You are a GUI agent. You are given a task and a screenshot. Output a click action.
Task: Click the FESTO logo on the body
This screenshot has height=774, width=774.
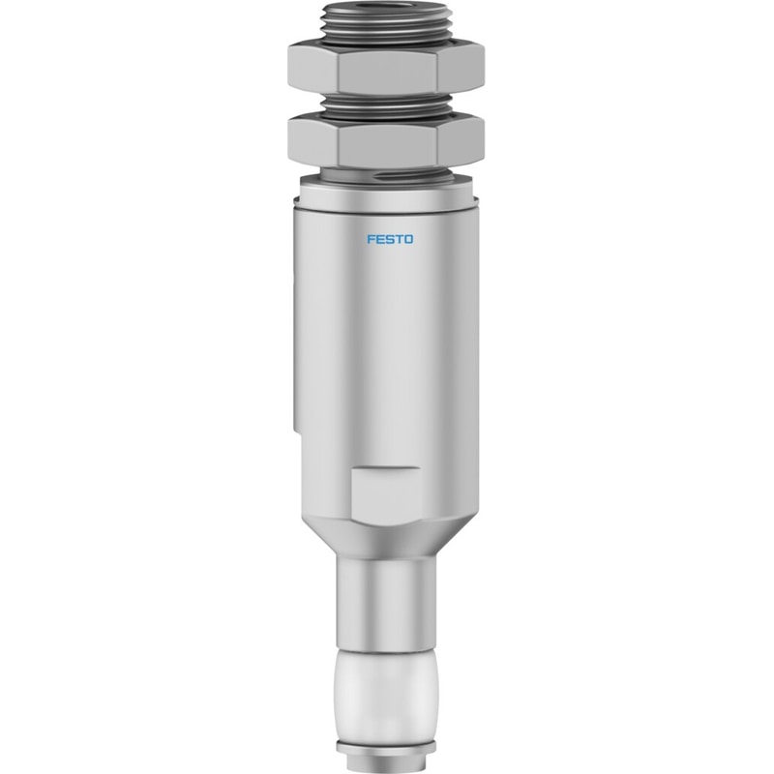click(390, 239)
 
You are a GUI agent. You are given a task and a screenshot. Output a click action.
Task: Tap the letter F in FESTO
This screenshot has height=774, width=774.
click(371, 239)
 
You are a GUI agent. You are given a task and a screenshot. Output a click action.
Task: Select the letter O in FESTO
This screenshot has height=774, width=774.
click(408, 239)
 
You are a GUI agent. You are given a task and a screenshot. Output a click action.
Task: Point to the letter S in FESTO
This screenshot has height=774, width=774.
click(389, 239)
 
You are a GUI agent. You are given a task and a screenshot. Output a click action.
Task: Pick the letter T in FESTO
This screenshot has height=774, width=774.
click(398, 239)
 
